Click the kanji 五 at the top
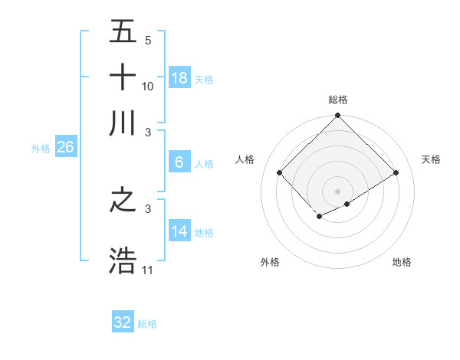pos(123,33)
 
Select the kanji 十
pos(123,77)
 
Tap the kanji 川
pos(123,123)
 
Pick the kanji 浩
pos(123,260)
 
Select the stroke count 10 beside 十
pos(148,86)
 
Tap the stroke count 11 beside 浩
pos(148,270)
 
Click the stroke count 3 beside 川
pos(148,131)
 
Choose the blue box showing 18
pos(179,78)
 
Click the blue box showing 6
pos(179,162)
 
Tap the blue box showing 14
pos(179,231)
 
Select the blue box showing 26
pos(65,148)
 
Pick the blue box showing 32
pos(123,322)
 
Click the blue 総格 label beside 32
pos(148,324)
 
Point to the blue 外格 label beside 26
pos(41,149)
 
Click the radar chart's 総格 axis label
pos(338,100)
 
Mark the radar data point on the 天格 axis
pos(396,173)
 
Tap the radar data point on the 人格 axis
pos(280,173)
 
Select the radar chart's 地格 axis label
pos(402,263)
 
